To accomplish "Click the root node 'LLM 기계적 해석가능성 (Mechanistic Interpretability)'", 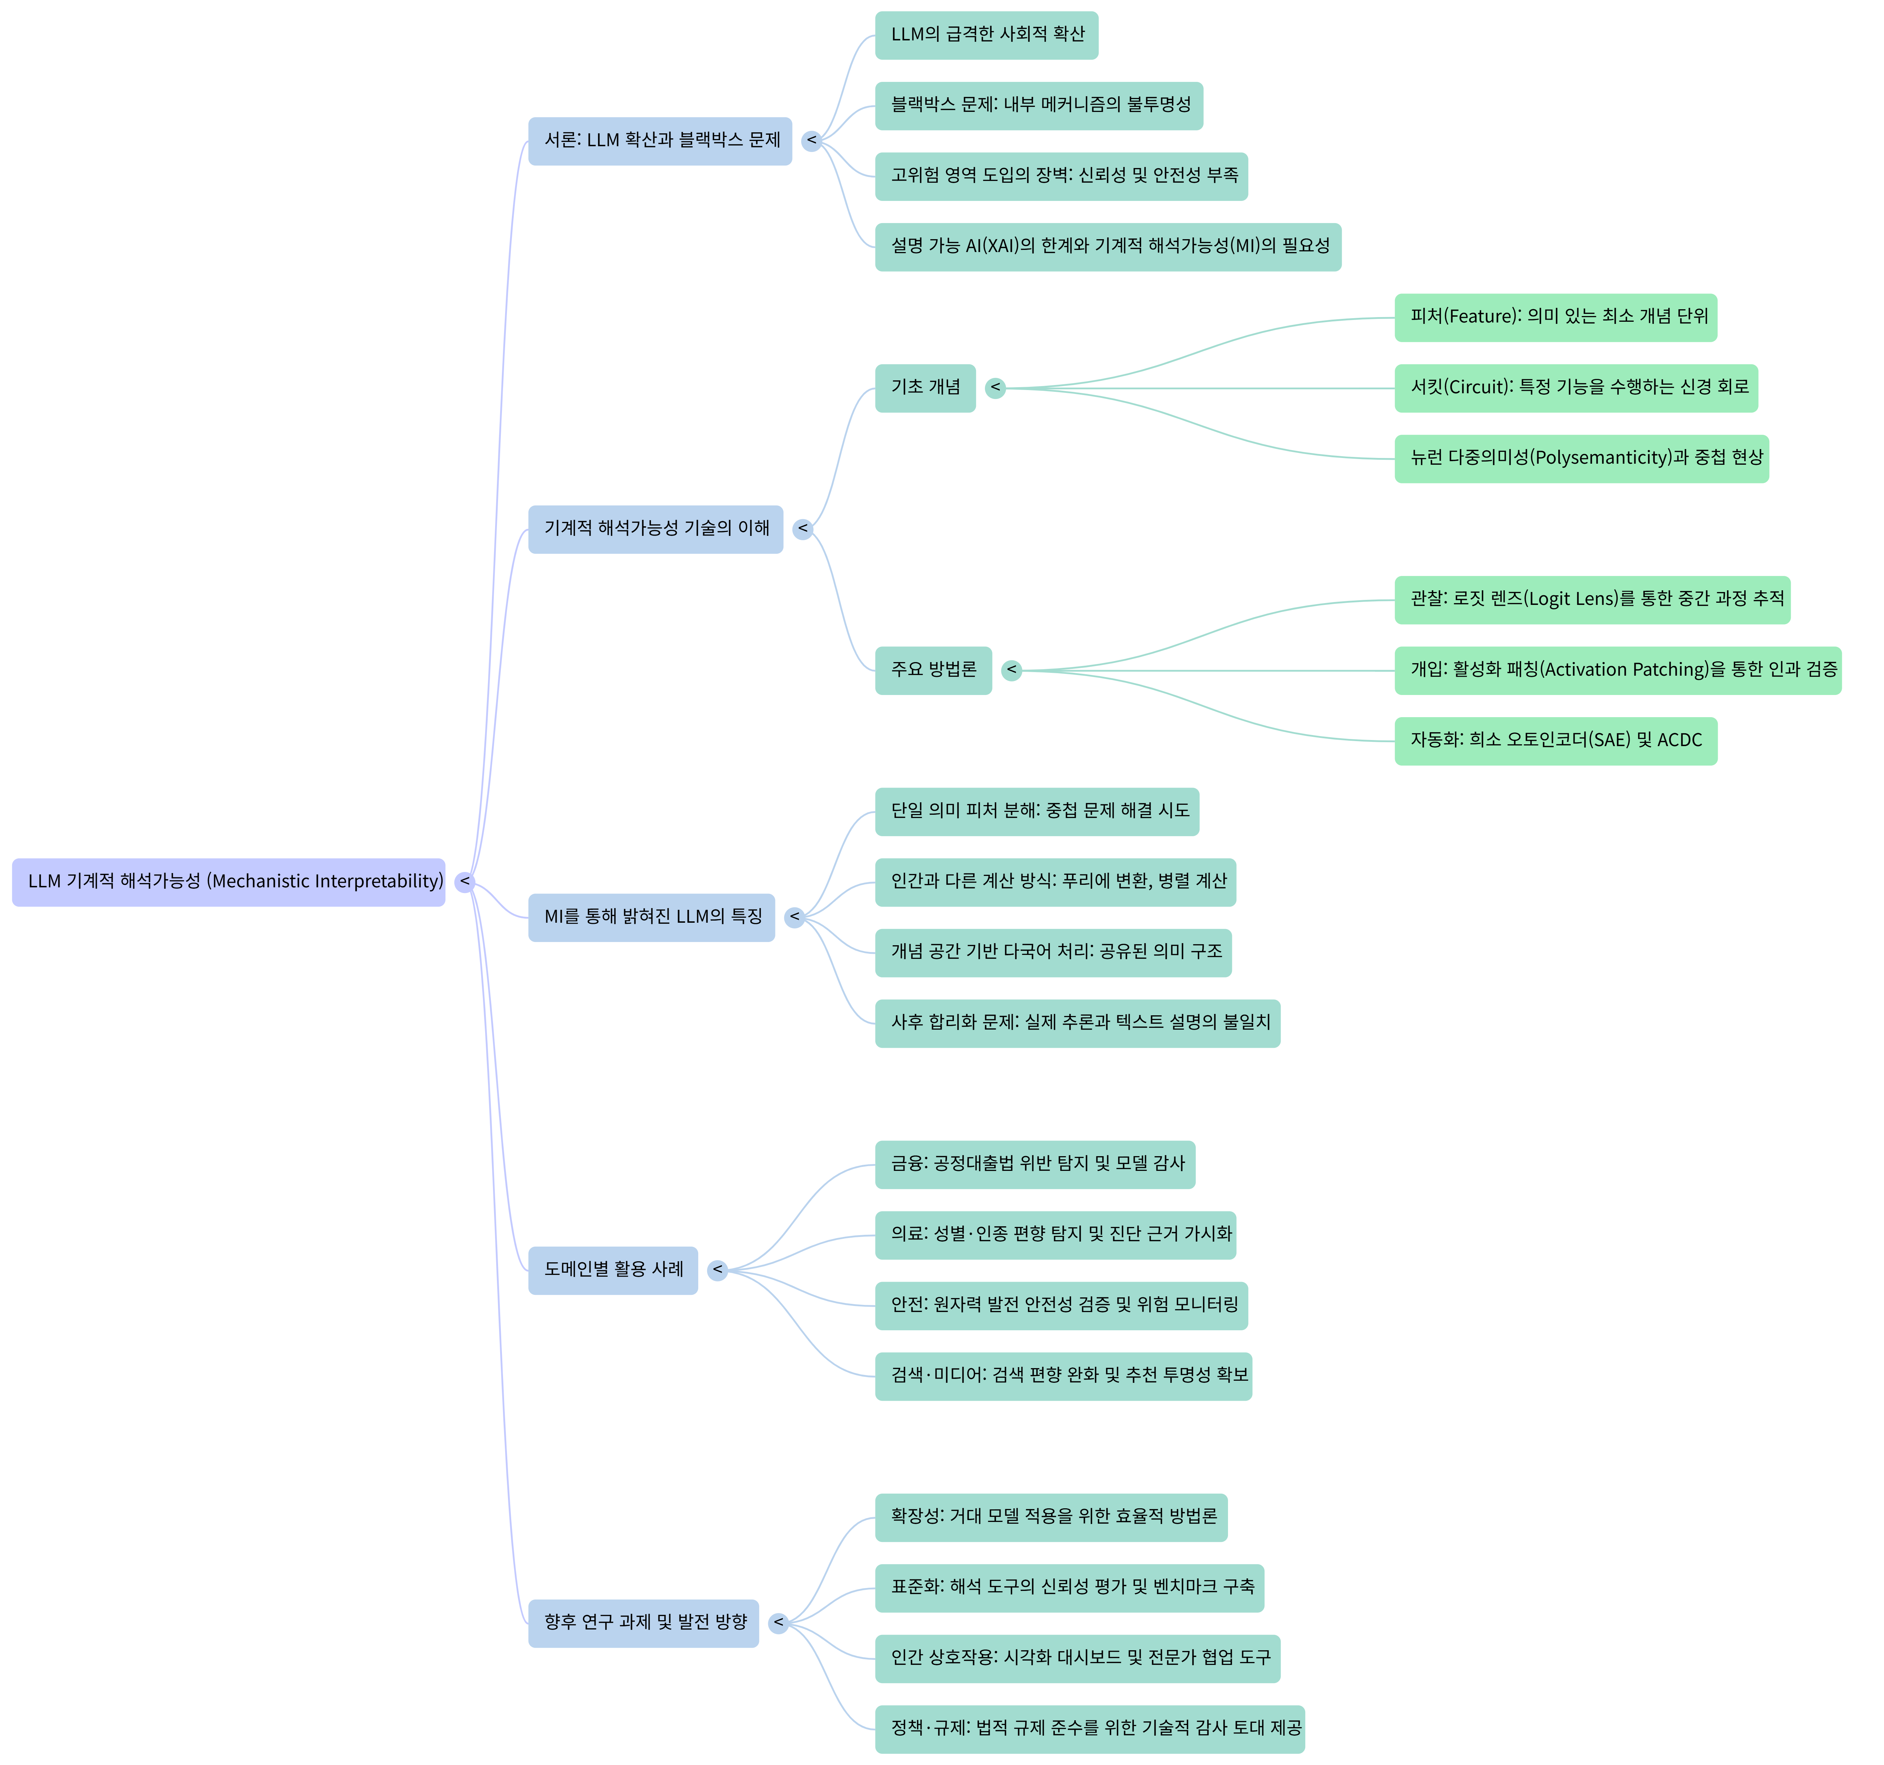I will tap(228, 882).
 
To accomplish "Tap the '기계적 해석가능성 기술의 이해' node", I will tap(656, 529).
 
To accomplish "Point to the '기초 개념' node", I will tap(925, 388).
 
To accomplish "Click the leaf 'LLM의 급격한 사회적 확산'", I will tap(987, 35).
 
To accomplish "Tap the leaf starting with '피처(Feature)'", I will tap(1555, 317).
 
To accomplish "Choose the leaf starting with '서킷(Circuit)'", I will tap(1576, 388).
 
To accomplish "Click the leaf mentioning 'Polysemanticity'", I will tap(1582, 458).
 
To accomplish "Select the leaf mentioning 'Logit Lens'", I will tap(1592, 599).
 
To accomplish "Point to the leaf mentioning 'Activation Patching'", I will tap(1618, 670).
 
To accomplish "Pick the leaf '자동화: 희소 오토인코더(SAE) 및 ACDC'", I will tap(1555, 740).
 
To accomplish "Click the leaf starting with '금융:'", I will tap(1035, 1164).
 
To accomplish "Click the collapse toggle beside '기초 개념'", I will tap(995, 388).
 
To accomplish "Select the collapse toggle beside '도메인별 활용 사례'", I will tap(717, 1270).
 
